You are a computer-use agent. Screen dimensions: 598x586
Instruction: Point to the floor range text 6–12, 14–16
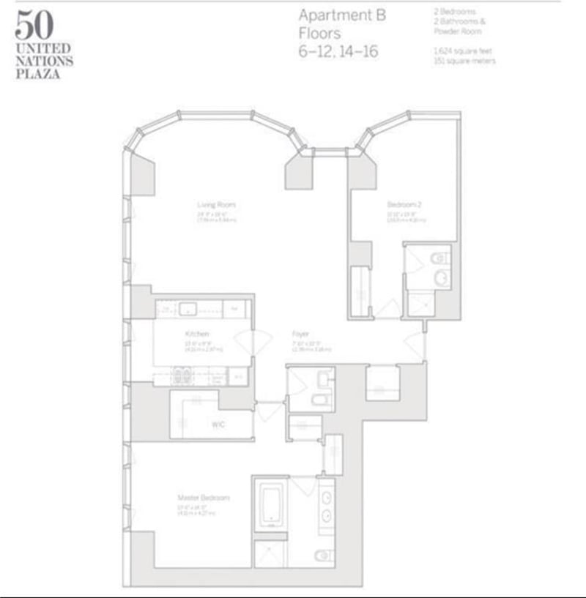click(338, 52)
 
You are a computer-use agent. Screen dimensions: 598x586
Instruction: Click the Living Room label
click(216, 204)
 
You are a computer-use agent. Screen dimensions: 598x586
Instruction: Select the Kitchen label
click(198, 334)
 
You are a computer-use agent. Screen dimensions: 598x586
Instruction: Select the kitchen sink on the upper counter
click(187, 310)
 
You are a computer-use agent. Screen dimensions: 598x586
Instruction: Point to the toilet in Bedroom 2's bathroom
click(439, 258)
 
